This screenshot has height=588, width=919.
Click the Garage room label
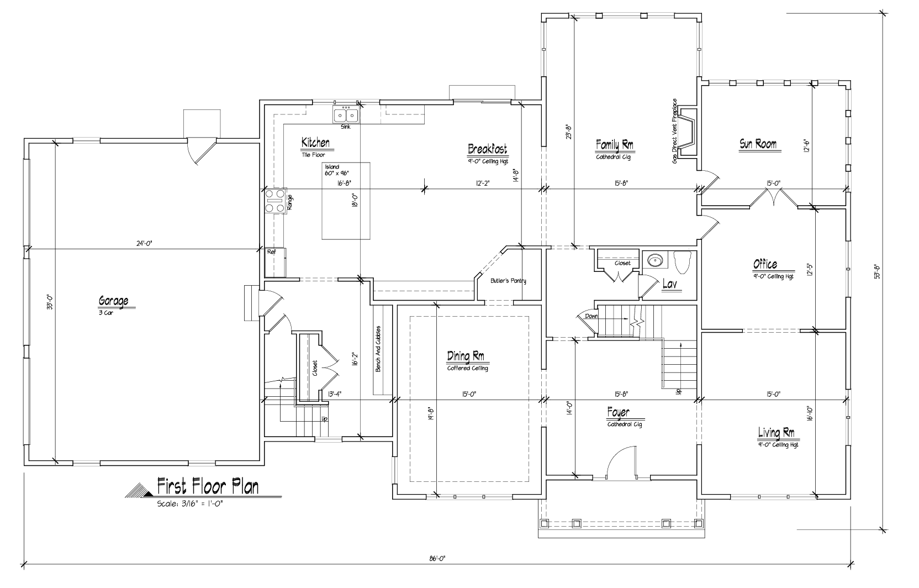click(113, 301)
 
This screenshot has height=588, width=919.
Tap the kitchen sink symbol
click(346, 115)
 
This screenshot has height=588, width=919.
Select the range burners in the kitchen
click(275, 201)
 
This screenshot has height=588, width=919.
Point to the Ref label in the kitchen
click(272, 251)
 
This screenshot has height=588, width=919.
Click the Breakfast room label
click(488, 149)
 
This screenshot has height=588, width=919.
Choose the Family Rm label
click(614, 145)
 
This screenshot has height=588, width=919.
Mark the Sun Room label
click(758, 144)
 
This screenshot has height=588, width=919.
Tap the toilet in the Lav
click(682, 262)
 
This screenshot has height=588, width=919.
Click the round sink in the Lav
click(655, 260)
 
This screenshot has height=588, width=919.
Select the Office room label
click(765, 264)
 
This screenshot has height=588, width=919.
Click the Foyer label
click(618, 412)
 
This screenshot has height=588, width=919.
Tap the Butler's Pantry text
click(508, 281)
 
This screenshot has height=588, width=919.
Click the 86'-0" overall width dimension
click(437, 558)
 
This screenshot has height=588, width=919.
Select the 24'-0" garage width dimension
click(144, 244)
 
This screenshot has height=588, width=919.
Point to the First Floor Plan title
click(208, 486)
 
